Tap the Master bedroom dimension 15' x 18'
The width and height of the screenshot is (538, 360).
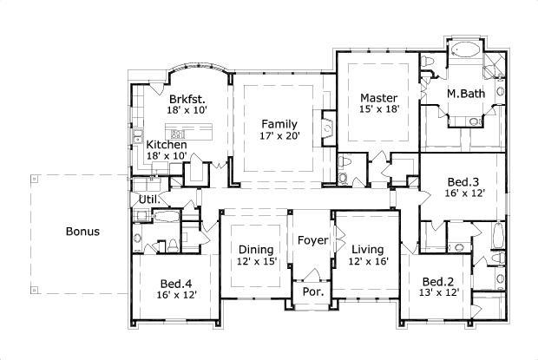[x=378, y=110]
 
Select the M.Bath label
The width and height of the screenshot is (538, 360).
[x=465, y=93]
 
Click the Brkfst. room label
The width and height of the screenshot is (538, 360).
[x=187, y=99]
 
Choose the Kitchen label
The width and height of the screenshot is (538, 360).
[x=166, y=145]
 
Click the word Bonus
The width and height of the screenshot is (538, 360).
[x=82, y=232]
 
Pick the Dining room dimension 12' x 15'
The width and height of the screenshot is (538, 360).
[x=257, y=261]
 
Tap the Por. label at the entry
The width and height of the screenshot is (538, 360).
[x=311, y=291]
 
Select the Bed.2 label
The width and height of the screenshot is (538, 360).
[x=438, y=282]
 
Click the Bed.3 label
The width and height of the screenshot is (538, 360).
[x=463, y=181]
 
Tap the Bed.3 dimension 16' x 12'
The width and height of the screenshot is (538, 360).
[x=463, y=194]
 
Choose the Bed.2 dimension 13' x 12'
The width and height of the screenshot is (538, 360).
[x=438, y=295]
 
